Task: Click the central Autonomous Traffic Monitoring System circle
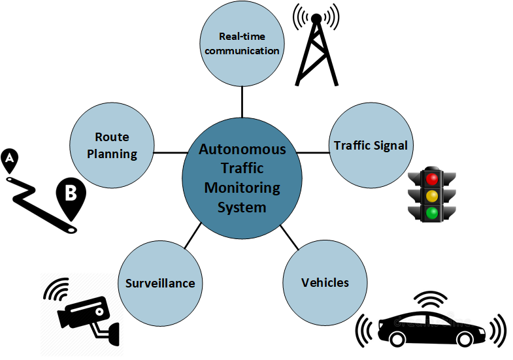242,178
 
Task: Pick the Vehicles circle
325,282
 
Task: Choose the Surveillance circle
160,282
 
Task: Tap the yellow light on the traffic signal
431,195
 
